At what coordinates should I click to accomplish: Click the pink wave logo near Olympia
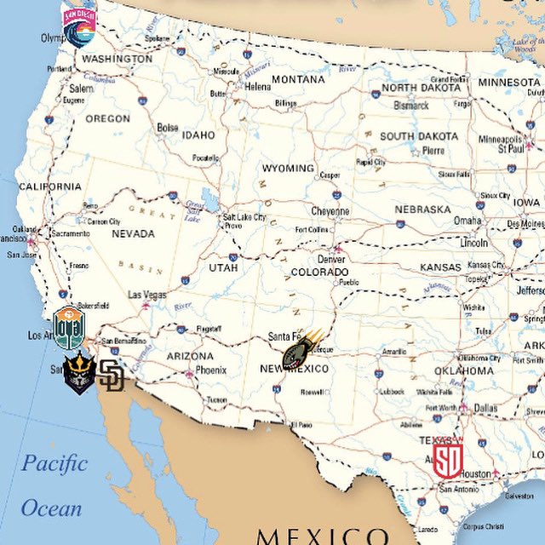(80, 26)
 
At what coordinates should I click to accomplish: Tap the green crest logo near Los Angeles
(69, 326)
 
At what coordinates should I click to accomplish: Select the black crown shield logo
(78, 373)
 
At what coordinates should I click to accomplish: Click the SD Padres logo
(111, 375)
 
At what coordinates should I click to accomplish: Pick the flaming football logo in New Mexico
(301, 349)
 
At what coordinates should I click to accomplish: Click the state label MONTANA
(298, 79)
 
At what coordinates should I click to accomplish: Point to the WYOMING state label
(288, 168)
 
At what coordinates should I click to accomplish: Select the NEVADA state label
(133, 233)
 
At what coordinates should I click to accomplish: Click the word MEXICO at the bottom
(323, 536)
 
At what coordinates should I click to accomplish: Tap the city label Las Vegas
(147, 295)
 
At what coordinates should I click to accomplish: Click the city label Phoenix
(210, 370)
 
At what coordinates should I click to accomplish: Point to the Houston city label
(475, 473)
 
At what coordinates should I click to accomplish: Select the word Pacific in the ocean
(54, 464)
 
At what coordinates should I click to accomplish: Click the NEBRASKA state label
(422, 209)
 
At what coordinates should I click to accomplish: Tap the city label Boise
(168, 128)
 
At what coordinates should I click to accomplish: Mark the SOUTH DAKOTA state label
(419, 136)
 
